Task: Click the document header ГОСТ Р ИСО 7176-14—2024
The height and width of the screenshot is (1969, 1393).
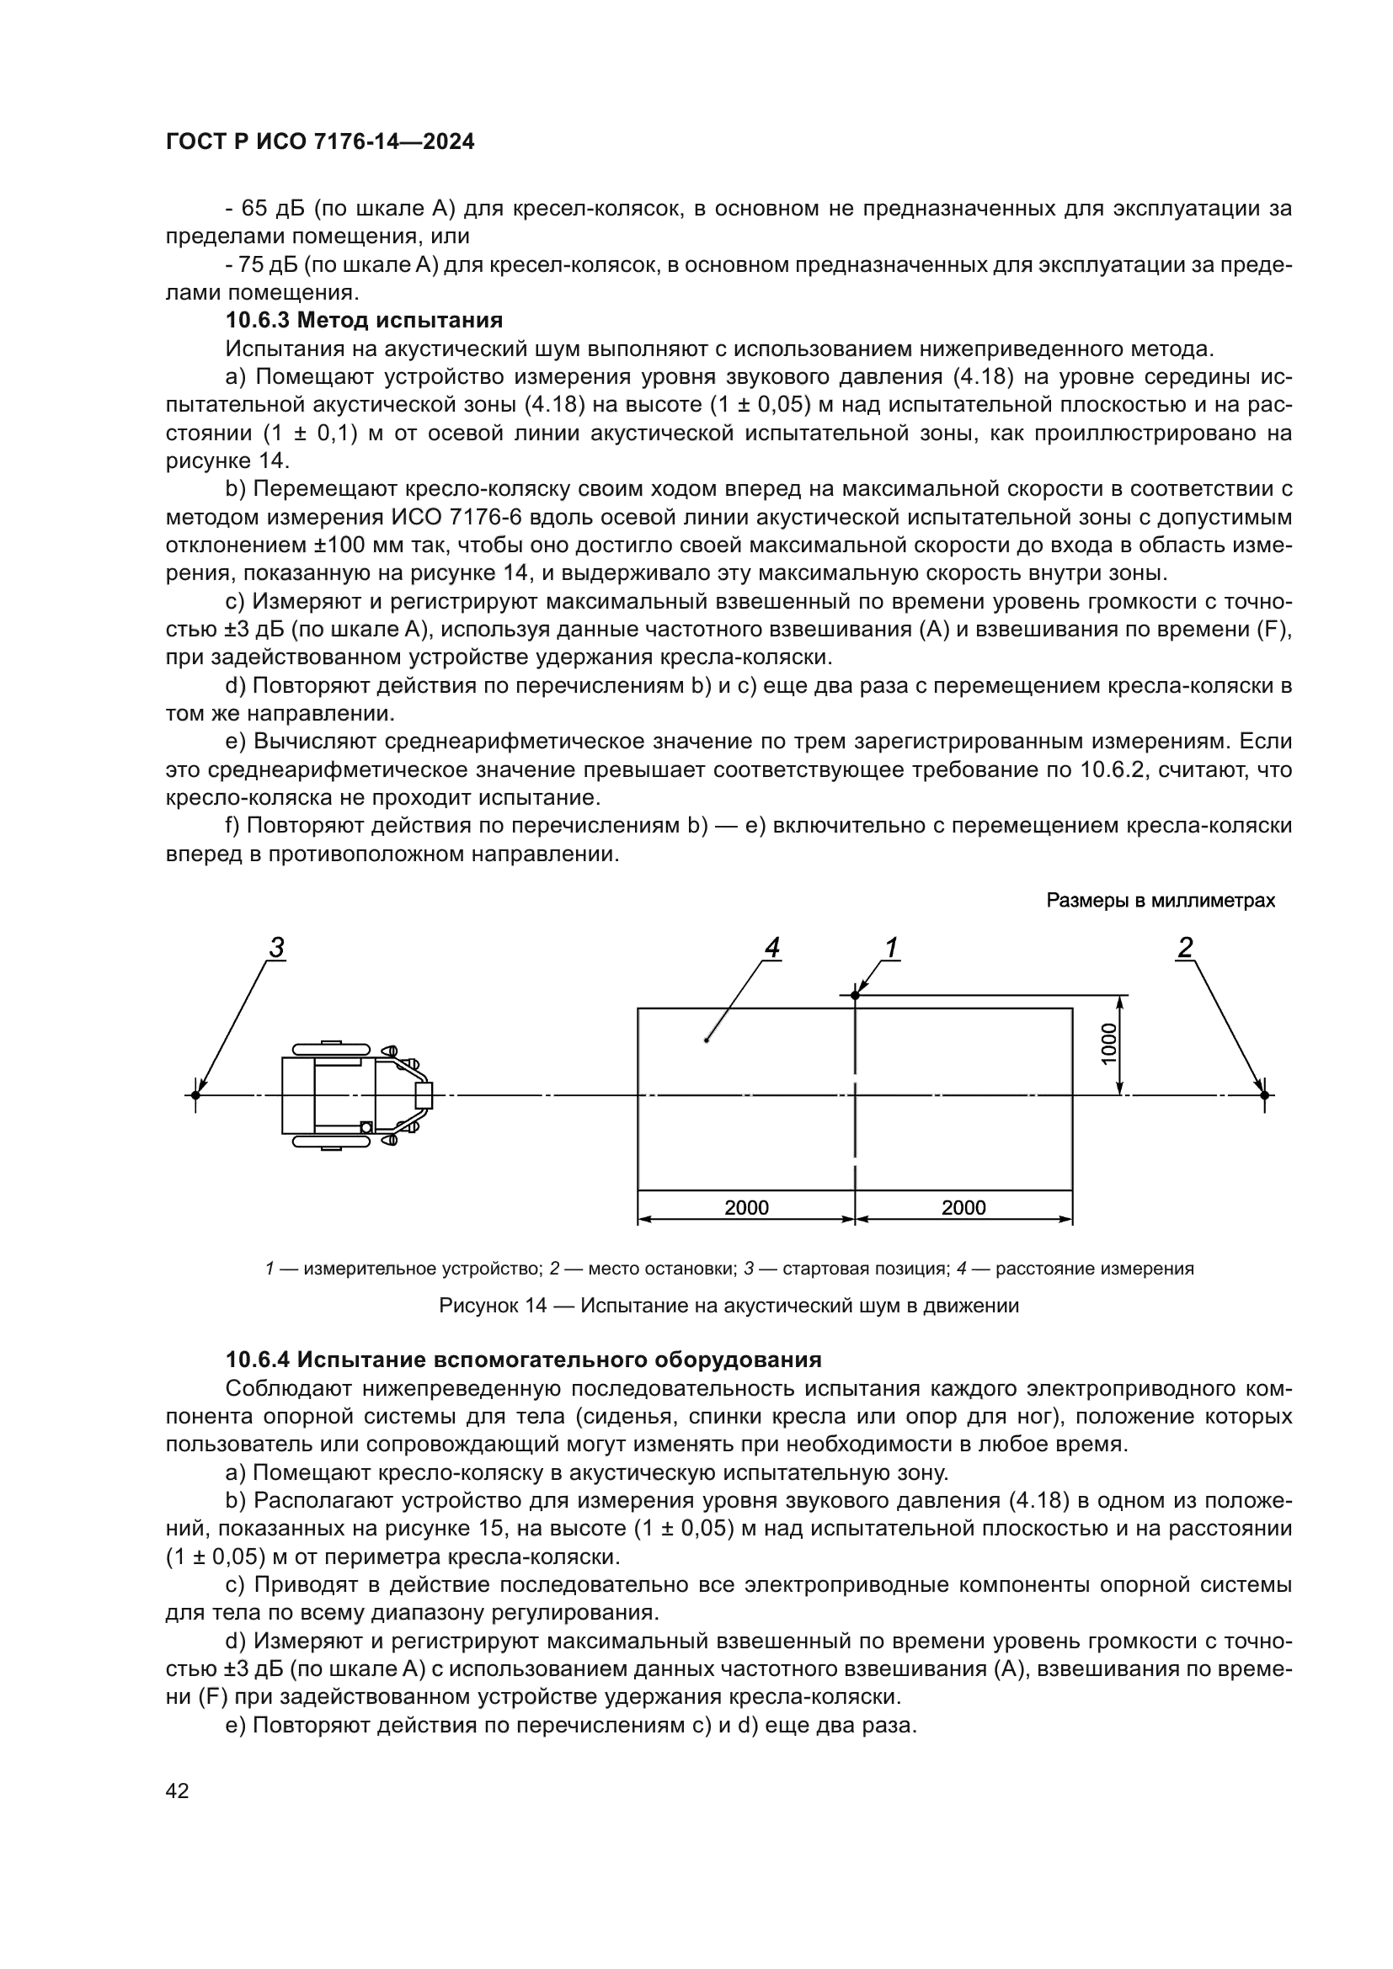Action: tap(320, 142)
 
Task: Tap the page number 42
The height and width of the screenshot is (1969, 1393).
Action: tap(177, 1791)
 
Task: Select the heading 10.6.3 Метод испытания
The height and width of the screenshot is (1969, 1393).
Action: tap(364, 321)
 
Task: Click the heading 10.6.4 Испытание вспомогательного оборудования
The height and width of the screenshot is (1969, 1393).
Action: tap(523, 1360)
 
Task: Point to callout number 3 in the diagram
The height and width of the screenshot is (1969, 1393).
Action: tap(276, 949)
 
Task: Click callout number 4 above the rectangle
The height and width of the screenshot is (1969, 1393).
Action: tap(771, 949)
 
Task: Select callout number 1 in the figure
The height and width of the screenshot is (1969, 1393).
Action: tap(891, 949)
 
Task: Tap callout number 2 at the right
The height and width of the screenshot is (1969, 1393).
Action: tap(1185, 949)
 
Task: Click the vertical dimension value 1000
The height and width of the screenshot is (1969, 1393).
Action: tap(1109, 1045)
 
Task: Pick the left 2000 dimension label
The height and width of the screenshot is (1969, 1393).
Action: tap(746, 1208)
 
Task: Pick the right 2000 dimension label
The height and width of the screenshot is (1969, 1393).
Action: tap(963, 1208)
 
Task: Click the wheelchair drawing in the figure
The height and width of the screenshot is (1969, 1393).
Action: tap(356, 1095)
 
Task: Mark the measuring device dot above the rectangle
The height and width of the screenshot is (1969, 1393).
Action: tap(855, 995)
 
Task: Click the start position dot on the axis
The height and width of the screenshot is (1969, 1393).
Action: tap(195, 1095)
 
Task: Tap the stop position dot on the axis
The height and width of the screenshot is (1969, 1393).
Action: tap(1263, 1095)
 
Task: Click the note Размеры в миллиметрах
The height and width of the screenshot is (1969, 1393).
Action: tap(1160, 902)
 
